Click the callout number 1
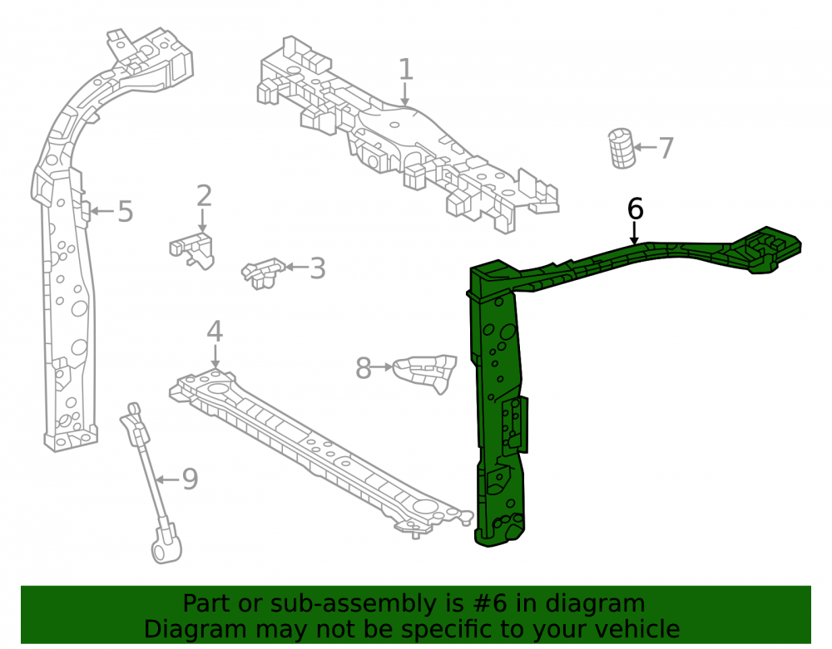[x=405, y=70]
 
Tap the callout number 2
[x=205, y=196]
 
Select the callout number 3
[x=317, y=268]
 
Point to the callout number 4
[x=215, y=331]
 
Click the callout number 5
[x=126, y=211]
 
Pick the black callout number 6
[x=635, y=209]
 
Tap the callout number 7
[x=666, y=148]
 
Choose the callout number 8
[x=363, y=368]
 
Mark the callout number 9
[x=190, y=479]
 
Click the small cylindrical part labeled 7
[x=622, y=149]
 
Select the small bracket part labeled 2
[x=192, y=250]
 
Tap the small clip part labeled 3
[x=263, y=273]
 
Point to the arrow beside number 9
[x=168, y=480]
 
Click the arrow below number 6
[x=634, y=234]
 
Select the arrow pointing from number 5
[x=102, y=211]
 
